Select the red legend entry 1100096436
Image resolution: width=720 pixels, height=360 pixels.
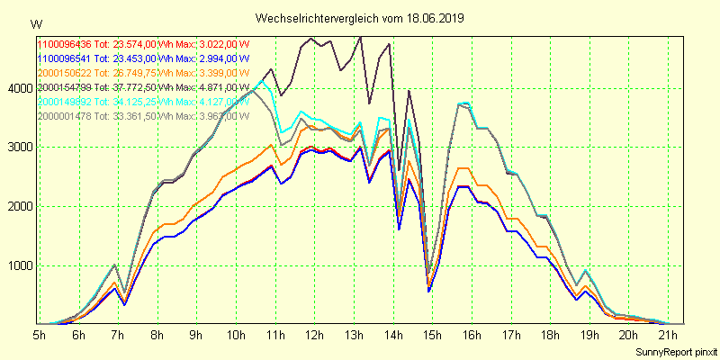[x=65, y=43]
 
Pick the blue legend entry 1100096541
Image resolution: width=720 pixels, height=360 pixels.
[x=65, y=58]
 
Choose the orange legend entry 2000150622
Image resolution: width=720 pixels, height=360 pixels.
[x=65, y=72]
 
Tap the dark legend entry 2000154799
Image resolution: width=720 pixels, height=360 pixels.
[x=65, y=86]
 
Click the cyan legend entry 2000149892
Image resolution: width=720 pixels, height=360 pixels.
[x=65, y=101]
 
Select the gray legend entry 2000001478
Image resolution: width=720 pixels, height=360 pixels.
[x=65, y=115]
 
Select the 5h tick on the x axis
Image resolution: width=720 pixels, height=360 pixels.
[x=40, y=335]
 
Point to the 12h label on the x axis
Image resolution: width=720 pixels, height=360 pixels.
[x=314, y=335]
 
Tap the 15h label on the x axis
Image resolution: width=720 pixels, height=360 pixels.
[x=433, y=335]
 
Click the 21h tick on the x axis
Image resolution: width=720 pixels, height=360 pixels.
[x=669, y=335]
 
